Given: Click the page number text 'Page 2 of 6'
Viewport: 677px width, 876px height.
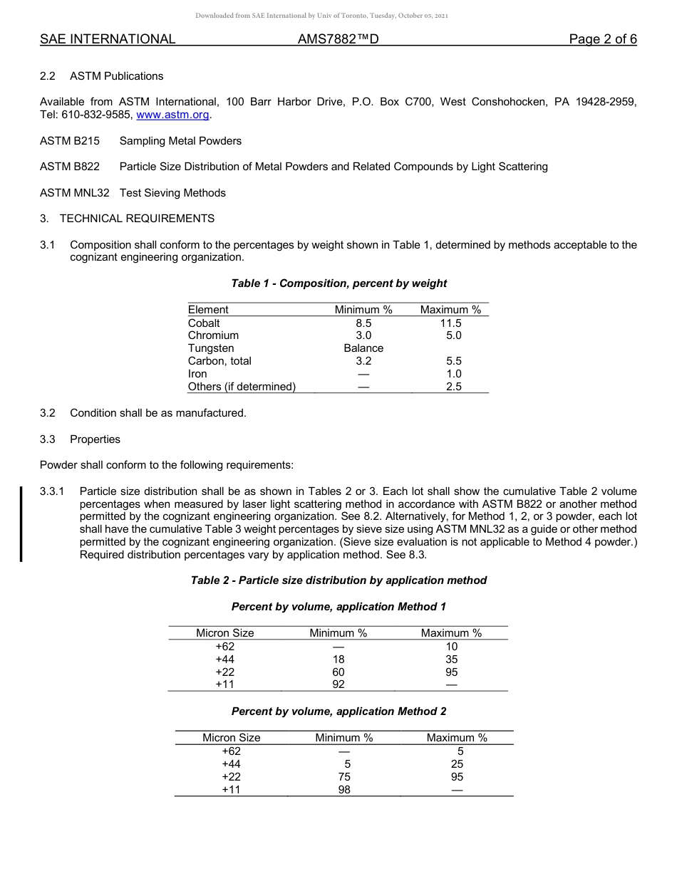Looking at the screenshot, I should click(602, 39).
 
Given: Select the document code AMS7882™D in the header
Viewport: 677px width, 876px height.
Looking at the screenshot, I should click(337, 39).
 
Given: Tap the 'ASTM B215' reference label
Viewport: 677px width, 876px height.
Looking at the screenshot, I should click(70, 141).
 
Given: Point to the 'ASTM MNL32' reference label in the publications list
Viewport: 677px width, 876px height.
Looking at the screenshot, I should click(75, 193).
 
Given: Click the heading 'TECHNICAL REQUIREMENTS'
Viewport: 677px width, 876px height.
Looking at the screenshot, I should click(137, 219).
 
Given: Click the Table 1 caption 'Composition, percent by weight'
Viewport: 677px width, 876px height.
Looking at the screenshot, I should click(338, 283).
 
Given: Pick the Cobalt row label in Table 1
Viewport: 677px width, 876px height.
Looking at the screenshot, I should click(204, 323).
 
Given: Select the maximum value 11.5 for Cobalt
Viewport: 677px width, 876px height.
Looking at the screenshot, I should click(450, 323).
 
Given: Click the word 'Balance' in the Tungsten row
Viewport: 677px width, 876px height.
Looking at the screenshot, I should click(363, 348).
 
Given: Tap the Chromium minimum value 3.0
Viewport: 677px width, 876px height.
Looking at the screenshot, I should click(363, 335).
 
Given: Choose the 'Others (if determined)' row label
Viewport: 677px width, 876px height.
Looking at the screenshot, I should click(242, 387).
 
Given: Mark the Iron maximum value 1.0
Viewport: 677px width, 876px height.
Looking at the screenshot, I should click(453, 374).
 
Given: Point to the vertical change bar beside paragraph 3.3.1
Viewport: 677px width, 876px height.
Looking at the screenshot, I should click(21, 523).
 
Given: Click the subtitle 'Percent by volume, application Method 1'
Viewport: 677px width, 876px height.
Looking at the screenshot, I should click(338, 607).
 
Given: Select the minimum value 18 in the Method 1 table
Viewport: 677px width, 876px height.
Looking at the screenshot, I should click(338, 659).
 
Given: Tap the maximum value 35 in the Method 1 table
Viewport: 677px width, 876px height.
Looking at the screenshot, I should click(451, 659).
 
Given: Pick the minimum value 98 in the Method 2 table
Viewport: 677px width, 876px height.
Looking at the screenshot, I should click(344, 790).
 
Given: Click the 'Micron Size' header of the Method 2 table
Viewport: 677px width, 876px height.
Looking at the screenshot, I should click(231, 738).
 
